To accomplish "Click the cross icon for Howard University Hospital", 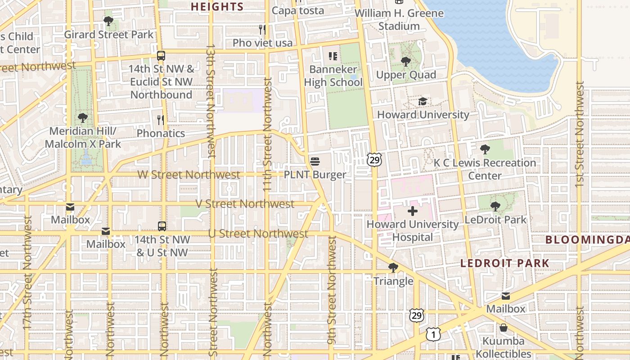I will (x=412, y=211).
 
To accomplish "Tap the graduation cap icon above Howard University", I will (x=423, y=102).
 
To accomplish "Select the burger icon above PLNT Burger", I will (x=315, y=162).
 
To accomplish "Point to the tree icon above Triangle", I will (x=393, y=268).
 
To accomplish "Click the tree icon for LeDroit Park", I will (x=495, y=207).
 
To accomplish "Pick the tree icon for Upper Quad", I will (x=405, y=62).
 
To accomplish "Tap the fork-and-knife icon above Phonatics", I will (x=161, y=120).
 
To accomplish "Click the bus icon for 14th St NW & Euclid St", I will (x=161, y=56).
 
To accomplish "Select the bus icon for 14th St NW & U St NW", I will (x=162, y=226).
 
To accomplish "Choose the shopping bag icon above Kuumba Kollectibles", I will (x=503, y=328).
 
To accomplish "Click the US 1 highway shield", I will (x=433, y=334).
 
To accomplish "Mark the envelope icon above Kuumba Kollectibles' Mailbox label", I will (x=505, y=296).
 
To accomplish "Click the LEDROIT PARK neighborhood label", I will (x=504, y=263).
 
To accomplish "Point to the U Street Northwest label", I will (x=258, y=234).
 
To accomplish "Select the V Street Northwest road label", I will (x=245, y=204).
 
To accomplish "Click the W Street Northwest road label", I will (x=189, y=175).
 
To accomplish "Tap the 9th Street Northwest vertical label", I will (x=332, y=290).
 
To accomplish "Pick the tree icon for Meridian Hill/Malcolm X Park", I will (x=82, y=118).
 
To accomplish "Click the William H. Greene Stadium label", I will (x=399, y=19).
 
